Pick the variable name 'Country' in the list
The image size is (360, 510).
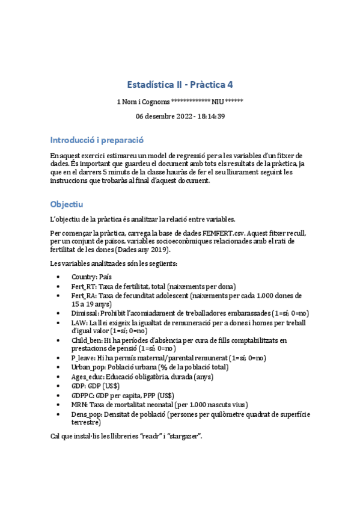pos(84,276)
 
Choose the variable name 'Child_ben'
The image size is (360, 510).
pos(86,340)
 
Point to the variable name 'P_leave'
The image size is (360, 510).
pos(83,358)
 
